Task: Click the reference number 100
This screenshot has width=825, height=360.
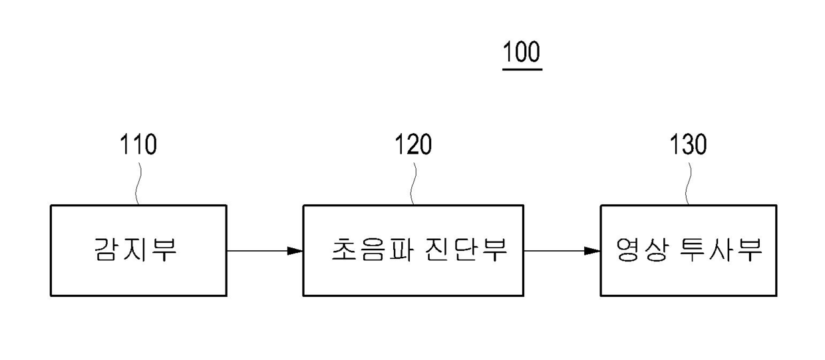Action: [x=522, y=53]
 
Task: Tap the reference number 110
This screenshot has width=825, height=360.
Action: [x=138, y=144]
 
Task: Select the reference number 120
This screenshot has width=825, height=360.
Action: [x=412, y=144]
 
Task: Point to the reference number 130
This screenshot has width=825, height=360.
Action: [x=688, y=144]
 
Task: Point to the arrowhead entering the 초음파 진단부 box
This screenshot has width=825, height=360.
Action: [x=295, y=251]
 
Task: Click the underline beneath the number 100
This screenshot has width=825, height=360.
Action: [x=522, y=68]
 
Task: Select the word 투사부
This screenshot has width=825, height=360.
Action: [x=721, y=251]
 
